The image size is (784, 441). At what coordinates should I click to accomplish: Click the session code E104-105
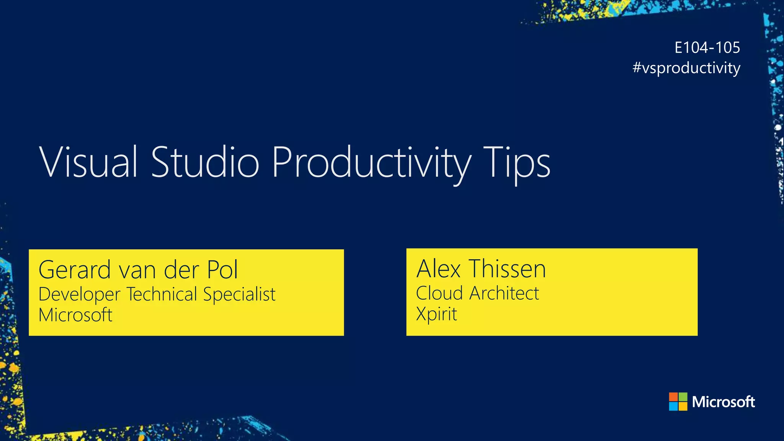click(x=707, y=47)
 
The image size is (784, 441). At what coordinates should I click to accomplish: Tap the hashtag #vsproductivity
click(x=686, y=68)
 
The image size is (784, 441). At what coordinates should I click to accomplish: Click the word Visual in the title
click(x=88, y=162)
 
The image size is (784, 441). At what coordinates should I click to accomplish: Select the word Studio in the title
click(x=205, y=162)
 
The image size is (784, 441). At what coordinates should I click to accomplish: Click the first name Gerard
click(x=75, y=269)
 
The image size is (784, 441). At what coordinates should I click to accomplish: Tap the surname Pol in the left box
click(x=222, y=269)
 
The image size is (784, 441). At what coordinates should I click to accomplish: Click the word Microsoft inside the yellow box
click(x=75, y=315)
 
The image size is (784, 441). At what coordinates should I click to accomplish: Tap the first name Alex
click(x=438, y=269)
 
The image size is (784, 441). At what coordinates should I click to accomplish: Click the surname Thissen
click(x=508, y=269)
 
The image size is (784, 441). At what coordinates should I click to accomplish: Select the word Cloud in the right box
click(x=439, y=293)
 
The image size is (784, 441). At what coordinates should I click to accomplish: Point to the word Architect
click(x=504, y=293)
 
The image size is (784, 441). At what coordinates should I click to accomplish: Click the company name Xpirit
click(x=436, y=314)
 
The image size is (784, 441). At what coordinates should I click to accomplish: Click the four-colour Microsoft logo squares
click(x=678, y=402)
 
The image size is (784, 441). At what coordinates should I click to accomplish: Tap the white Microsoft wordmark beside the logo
click(x=724, y=402)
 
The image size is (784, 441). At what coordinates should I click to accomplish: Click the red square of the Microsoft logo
click(x=673, y=397)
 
